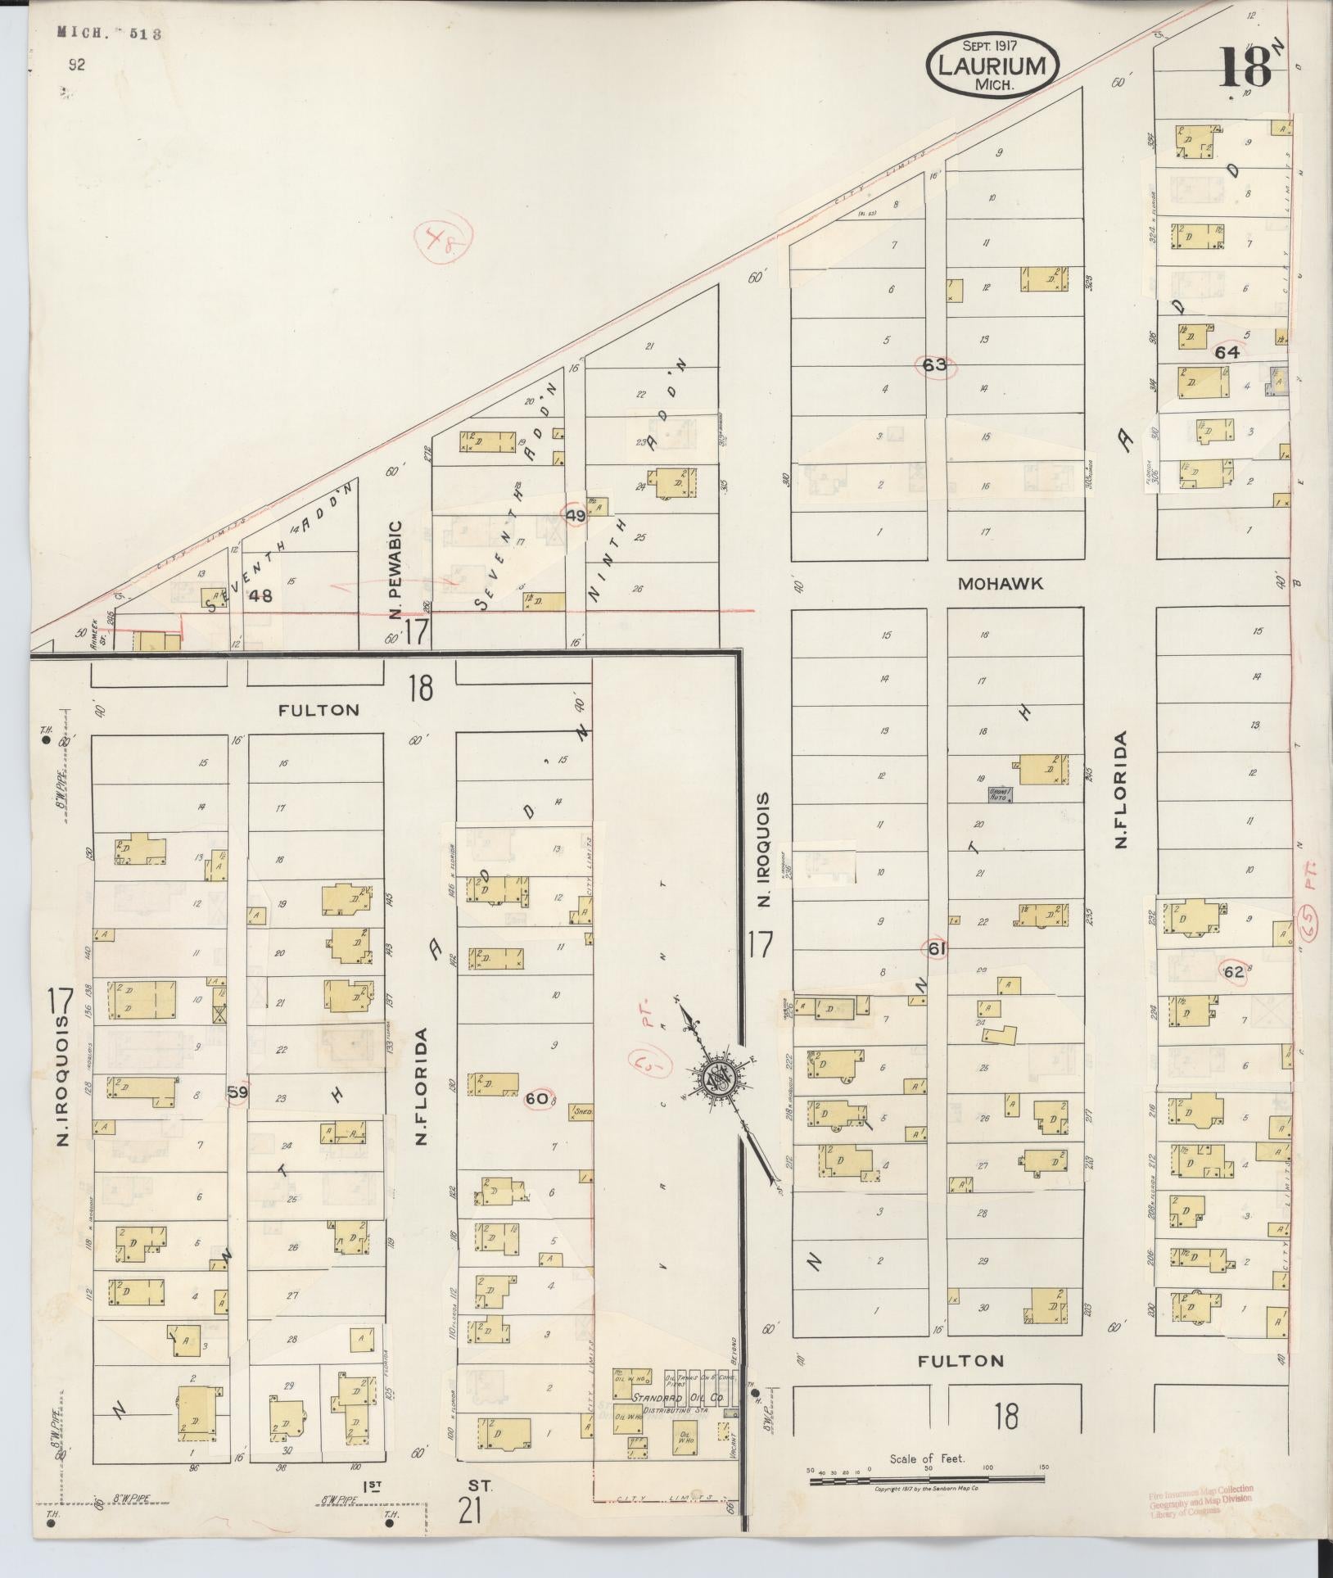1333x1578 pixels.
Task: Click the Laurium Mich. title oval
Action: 992,67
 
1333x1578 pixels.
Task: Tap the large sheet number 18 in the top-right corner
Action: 1245,68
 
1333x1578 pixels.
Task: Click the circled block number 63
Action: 934,365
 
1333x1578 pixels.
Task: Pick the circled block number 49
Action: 576,515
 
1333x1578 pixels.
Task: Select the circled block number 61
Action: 936,950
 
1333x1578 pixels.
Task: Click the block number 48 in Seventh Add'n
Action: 261,595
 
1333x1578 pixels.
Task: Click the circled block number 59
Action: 238,1092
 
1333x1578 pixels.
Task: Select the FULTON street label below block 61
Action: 960,1361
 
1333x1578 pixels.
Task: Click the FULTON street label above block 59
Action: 319,710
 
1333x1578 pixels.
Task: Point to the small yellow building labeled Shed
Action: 582,1113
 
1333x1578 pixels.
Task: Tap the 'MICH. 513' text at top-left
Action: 109,34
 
